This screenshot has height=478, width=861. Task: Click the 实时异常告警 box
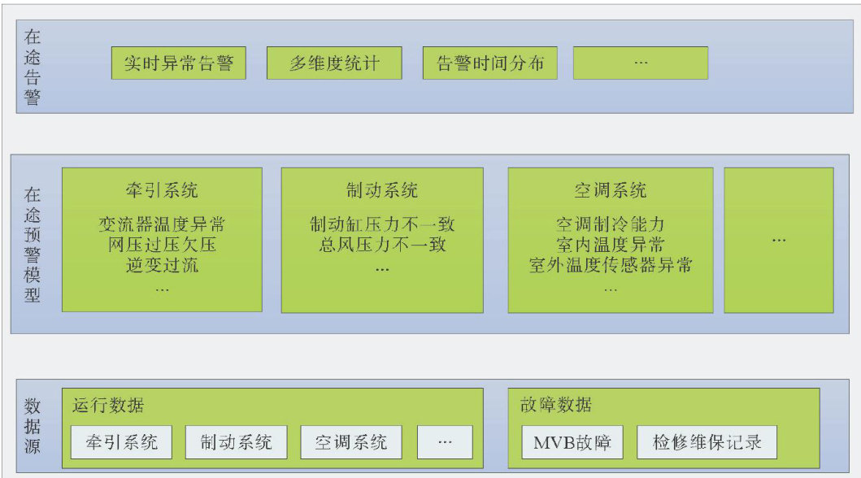pos(178,63)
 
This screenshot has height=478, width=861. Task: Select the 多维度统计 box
pos(334,63)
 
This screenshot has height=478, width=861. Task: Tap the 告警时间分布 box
pos(489,63)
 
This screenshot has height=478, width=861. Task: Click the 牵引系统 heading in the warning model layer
pos(162,191)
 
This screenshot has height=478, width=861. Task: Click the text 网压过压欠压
pos(162,244)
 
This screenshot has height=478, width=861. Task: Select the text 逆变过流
pos(162,264)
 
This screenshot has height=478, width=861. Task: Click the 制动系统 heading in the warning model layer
pos(382,191)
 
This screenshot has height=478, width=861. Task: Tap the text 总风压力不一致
pos(382,244)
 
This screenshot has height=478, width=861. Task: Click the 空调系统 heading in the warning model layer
pos(610,191)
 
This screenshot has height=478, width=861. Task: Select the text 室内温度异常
pos(610,244)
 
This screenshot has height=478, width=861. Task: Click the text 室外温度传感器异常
pos(610,264)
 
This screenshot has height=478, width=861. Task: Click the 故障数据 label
pos(555,405)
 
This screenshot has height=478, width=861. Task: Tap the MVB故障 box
pos(571,442)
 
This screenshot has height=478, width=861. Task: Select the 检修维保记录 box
pos(707,442)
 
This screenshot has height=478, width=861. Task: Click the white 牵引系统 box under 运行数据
pos(121,442)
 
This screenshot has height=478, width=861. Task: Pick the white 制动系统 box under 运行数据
pos(236,442)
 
